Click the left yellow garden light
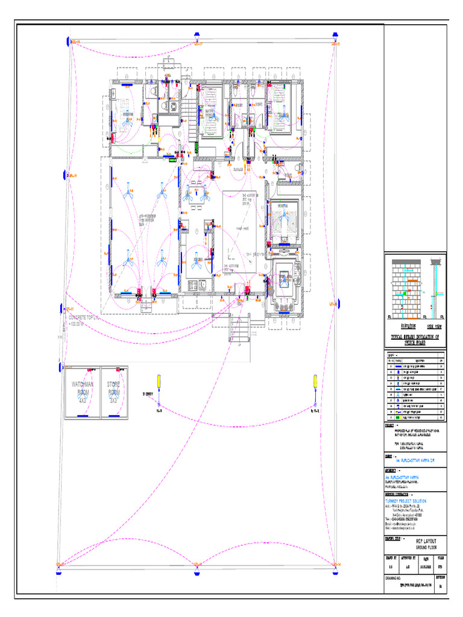point(159,381)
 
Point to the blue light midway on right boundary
point(339,304)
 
